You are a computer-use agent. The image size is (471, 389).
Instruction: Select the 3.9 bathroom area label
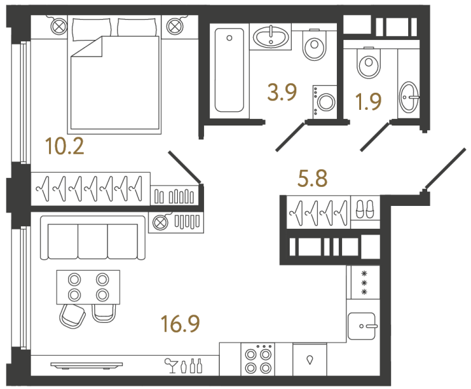[283, 93]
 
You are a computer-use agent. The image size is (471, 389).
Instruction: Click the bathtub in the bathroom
[230, 70]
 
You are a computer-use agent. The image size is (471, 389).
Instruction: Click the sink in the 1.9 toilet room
[410, 98]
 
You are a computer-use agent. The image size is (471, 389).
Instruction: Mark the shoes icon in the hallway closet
[364, 210]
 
